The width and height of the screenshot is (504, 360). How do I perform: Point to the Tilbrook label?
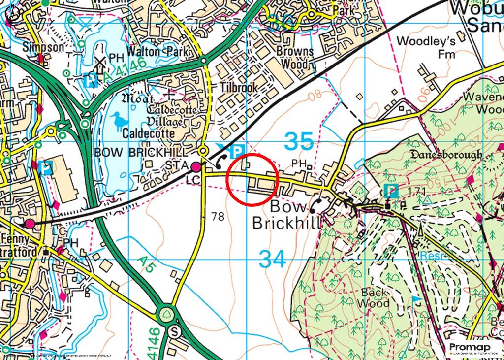(239, 87)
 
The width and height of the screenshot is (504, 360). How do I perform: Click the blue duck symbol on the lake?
(118, 120)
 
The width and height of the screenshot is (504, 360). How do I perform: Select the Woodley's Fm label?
(426, 47)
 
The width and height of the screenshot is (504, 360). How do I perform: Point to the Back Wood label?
(375, 298)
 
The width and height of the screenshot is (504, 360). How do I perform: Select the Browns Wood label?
(295, 58)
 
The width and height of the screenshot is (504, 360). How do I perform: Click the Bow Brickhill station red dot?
(196, 166)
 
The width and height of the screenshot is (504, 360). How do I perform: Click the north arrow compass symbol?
(12, 13)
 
